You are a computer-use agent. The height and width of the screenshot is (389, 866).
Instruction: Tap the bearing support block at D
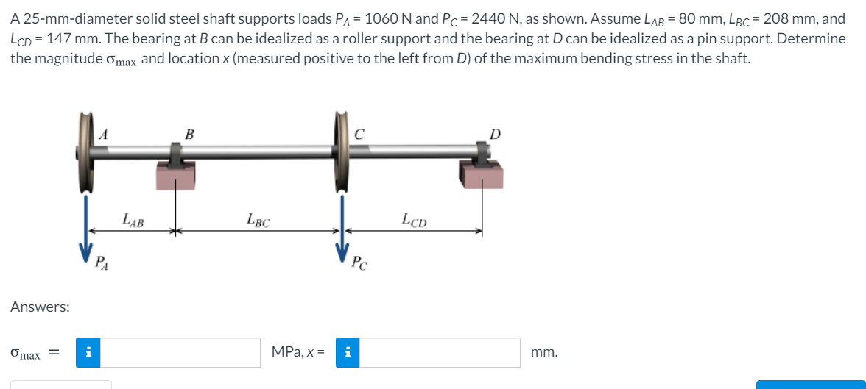point(482,174)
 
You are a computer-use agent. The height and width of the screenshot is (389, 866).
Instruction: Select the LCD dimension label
point(415,218)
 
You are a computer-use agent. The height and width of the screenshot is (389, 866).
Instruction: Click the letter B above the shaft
point(190,134)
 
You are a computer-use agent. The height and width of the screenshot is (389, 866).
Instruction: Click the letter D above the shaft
point(495,134)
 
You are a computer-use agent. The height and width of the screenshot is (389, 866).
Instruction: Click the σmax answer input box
point(179,352)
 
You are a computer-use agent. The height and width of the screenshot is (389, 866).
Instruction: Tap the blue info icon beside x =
point(347,352)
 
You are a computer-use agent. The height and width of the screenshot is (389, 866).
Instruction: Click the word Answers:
point(40,307)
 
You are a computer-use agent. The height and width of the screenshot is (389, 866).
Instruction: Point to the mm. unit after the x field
point(544,352)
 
